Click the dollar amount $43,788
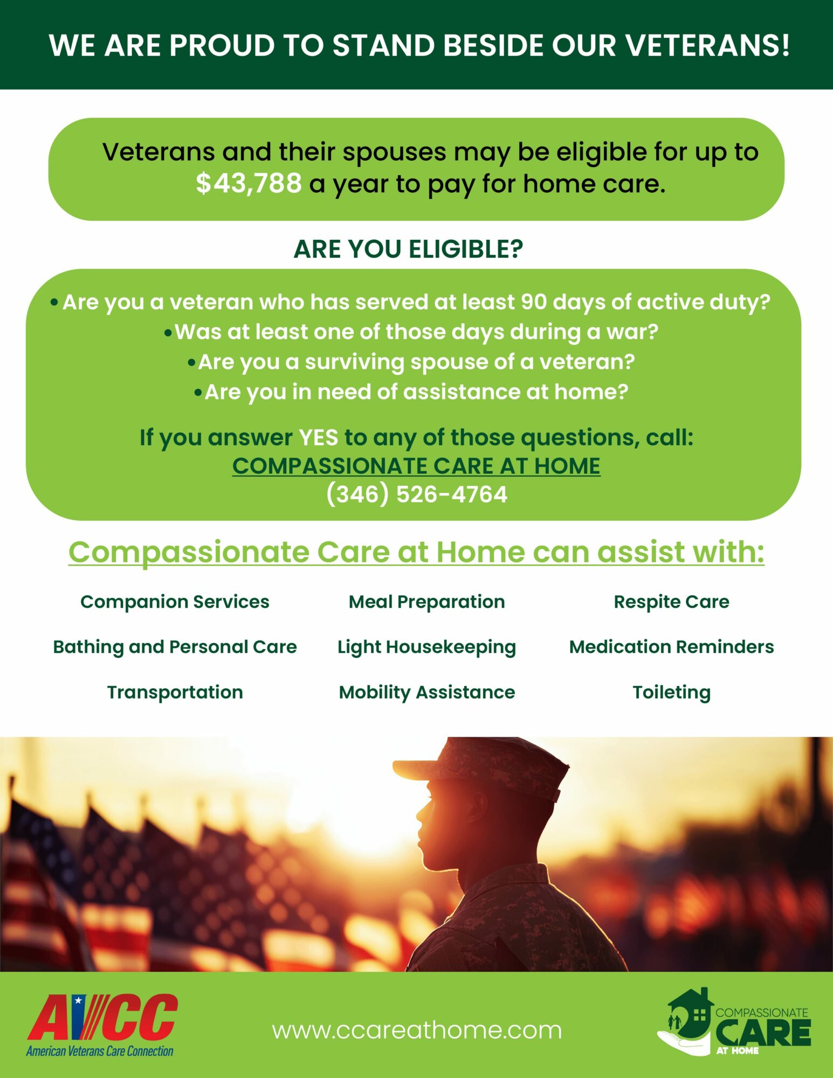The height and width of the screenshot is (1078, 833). pyautogui.click(x=249, y=183)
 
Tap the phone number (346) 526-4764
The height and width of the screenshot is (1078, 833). pyautogui.click(x=417, y=494)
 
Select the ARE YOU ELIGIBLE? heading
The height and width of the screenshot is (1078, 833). pyautogui.click(x=408, y=249)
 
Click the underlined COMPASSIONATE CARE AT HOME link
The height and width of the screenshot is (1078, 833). pyautogui.click(x=416, y=466)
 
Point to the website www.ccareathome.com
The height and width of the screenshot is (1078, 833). pyautogui.click(x=417, y=1031)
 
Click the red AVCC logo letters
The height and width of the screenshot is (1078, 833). pyautogui.click(x=102, y=1017)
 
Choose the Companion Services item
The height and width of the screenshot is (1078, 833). pyautogui.click(x=175, y=602)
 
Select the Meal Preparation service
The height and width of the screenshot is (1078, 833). pyautogui.click(x=426, y=602)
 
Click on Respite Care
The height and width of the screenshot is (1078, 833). pyautogui.click(x=671, y=602)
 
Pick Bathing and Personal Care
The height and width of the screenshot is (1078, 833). pyautogui.click(x=175, y=647)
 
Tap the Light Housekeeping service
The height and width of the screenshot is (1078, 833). pyautogui.click(x=426, y=647)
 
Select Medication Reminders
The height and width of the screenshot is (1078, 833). pyautogui.click(x=671, y=647)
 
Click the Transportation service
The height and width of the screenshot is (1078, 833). pyautogui.click(x=175, y=692)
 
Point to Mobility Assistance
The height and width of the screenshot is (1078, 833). pyautogui.click(x=426, y=693)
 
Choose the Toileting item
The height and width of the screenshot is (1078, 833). pyautogui.click(x=671, y=693)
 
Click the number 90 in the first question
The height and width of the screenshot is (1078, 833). pyautogui.click(x=534, y=302)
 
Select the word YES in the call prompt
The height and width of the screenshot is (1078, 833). pyautogui.click(x=319, y=438)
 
